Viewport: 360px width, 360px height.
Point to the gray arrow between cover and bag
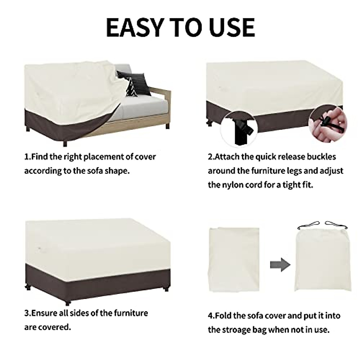(280, 265)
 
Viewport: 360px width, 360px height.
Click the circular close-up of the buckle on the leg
(240, 128)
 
